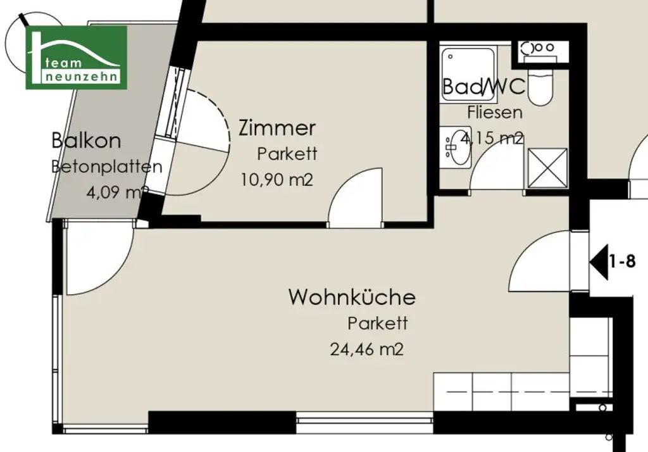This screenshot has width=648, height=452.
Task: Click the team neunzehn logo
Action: [x=76, y=57]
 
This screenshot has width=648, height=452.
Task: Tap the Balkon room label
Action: [x=86, y=140]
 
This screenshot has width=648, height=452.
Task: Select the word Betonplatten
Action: [x=106, y=167]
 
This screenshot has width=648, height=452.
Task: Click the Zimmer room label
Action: [x=277, y=128]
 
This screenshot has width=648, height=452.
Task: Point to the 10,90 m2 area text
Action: [x=277, y=180]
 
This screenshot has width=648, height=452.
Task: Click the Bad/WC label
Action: [x=483, y=87]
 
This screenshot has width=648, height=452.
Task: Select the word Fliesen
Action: [x=495, y=113]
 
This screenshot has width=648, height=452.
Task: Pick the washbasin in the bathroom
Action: [x=456, y=147]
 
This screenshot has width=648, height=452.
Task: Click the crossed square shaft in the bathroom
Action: [x=547, y=168]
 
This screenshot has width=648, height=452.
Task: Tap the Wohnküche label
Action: [x=352, y=297]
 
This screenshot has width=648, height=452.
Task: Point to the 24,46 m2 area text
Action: [x=366, y=349]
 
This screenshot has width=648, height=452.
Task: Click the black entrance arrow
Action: [x=598, y=261]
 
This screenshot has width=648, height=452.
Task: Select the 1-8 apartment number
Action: [x=622, y=261]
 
